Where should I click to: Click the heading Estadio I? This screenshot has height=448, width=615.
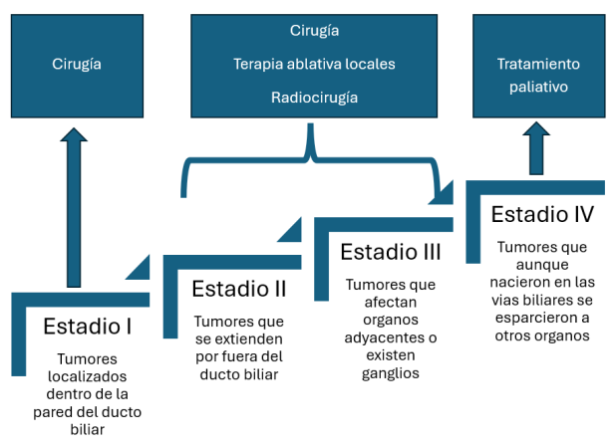pyautogui.click(x=87, y=327)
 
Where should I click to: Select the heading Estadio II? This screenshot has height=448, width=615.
pyautogui.click(x=239, y=289)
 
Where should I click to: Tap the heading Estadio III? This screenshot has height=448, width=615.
pyautogui.click(x=391, y=252)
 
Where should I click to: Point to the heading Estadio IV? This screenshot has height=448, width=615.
pyautogui.click(x=542, y=215)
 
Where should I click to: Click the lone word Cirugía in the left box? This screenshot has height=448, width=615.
pyautogui.click(x=77, y=65)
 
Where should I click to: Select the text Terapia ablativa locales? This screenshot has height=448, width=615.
pyautogui.click(x=314, y=64)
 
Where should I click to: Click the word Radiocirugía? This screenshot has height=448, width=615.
pyautogui.click(x=314, y=98)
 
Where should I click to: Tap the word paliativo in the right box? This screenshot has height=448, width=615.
pyautogui.click(x=538, y=87)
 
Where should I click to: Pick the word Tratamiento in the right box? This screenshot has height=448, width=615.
pyautogui.click(x=538, y=64)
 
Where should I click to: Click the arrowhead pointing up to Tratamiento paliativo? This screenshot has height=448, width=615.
pyautogui.click(x=536, y=128)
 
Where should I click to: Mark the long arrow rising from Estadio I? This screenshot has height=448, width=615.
pyautogui.click(x=74, y=207)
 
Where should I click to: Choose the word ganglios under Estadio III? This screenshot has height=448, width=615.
pyautogui.click(x=391, y=373)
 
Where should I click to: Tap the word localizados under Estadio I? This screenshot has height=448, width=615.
pyautogui.click(x=87, y=376)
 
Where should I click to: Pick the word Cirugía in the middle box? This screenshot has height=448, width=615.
pyautogui.click(x=314, y=31)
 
